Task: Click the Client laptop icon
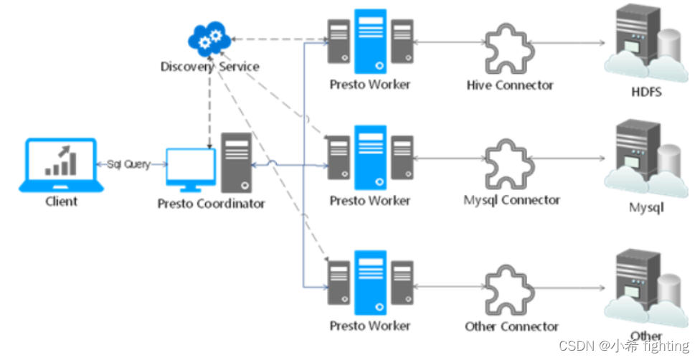61,164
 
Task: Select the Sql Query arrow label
128,164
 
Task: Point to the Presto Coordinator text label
211,204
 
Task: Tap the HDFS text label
646,93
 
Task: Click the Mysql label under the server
646,208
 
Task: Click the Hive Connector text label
510,85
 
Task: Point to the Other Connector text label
511,326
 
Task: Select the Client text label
61,202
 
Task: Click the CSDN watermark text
623,346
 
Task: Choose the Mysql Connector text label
511,200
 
